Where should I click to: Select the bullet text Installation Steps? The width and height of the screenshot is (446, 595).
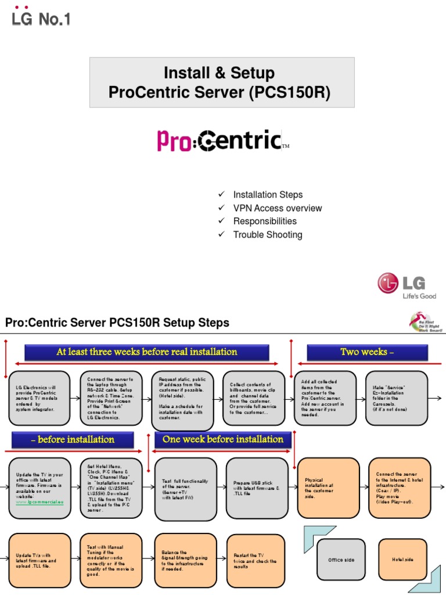pyautogui.click(x=268, y=195)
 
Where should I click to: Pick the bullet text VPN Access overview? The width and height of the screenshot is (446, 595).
pyautogui.click(x=277, y=208)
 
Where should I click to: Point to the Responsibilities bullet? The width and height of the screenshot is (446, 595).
pyautogui.click(x=264, y=221)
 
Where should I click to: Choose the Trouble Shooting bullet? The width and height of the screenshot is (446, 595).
pyautogui.click(x=267, y=235)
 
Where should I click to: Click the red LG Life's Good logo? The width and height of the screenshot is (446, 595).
pyautogui.click(x=407, y=285)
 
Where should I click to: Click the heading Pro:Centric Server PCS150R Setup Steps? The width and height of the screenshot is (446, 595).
pyautogui.click(x=117, y=322)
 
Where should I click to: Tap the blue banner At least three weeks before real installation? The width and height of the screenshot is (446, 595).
pyautogui.click(x=146, y=352)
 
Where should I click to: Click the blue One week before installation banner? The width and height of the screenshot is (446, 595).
pyautogui.click(x=223, y=439)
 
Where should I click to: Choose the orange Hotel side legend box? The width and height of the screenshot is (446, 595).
pyautogui.click(x=402, y=560)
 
